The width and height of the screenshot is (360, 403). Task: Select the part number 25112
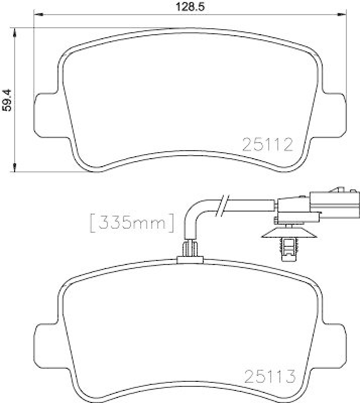pos(268,145)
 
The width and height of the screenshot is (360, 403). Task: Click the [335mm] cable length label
pos(132,222)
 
